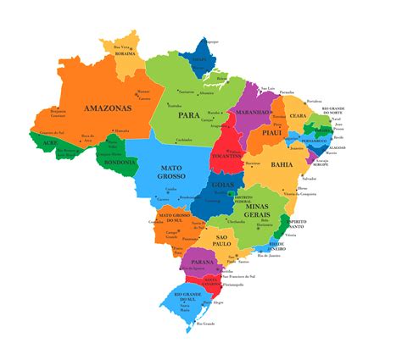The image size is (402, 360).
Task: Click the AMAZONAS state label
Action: pos(107,108)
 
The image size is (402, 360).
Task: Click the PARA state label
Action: pos(188,114)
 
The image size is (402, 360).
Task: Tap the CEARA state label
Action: pos(297,116)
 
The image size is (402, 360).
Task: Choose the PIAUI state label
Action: pos(271,133)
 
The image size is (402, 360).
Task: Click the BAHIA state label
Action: pos(282,164)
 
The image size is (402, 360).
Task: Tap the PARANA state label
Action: pos(201,263)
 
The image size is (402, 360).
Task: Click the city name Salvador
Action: pos(309,180)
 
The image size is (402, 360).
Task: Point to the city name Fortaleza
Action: pos(315,102)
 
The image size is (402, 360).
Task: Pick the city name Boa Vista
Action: pos(123,47)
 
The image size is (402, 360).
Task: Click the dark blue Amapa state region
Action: pos(200,58)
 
